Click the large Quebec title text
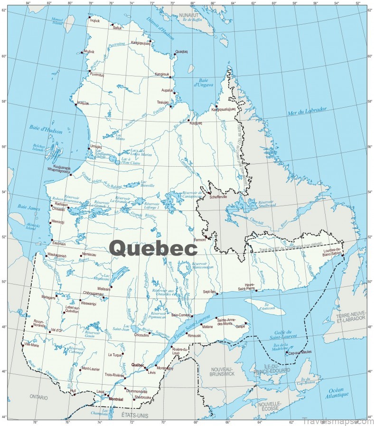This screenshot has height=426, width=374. [x=153, y=248]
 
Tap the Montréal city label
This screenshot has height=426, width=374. [x=116, y=399]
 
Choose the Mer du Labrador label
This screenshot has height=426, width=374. [x=307, y=111]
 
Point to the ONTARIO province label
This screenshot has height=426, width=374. [x=39, y=397]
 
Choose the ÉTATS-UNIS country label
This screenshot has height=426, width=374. [x=135, y=416]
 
